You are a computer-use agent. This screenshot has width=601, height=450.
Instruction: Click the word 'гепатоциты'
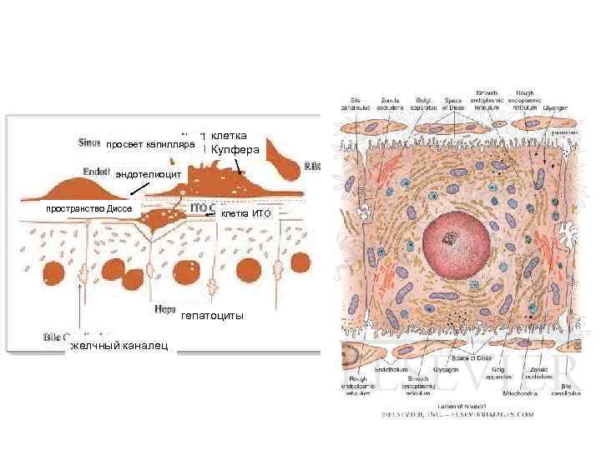(x=213, y=314)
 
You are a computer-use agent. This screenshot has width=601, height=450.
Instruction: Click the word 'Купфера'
(x=235, y=150)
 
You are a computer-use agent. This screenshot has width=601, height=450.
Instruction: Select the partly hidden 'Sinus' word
(x=87, y=141)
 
